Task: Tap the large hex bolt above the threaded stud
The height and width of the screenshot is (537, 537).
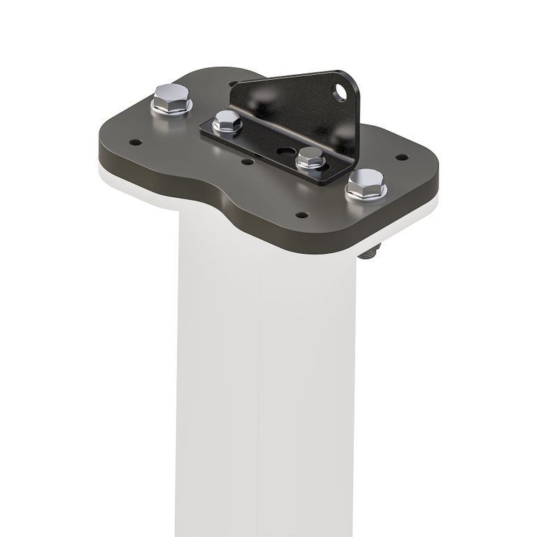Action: pos(365,182)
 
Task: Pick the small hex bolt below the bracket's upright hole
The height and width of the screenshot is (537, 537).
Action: pos(310,157)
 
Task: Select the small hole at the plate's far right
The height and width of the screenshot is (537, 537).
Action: pos(401,157)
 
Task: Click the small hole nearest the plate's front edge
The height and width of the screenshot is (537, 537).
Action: pos(301,215)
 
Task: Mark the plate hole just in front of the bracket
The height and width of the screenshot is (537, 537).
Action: pos(247,162)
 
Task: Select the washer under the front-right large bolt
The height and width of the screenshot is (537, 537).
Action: pos(365,194)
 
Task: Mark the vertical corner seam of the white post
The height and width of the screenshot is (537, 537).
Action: pos(260,392)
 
